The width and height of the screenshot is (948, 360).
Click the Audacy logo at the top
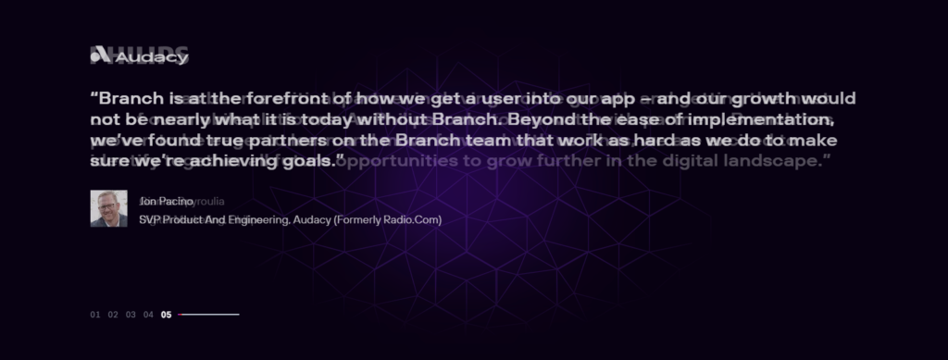(x=140, y=57)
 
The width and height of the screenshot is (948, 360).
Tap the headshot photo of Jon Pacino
(x=108, y=208)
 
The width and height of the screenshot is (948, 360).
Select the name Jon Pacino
(x=166, y=201)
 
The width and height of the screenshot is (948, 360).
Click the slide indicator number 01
(x=95, y=315)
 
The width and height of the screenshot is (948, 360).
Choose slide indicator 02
(x=113, y=315)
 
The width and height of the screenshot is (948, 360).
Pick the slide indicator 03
(x=131, y=315)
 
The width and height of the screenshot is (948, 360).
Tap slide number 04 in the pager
(x=148, y=315)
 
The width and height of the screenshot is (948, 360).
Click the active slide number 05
(x=166, y=315)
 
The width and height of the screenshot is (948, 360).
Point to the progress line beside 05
(x=208, y=315)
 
